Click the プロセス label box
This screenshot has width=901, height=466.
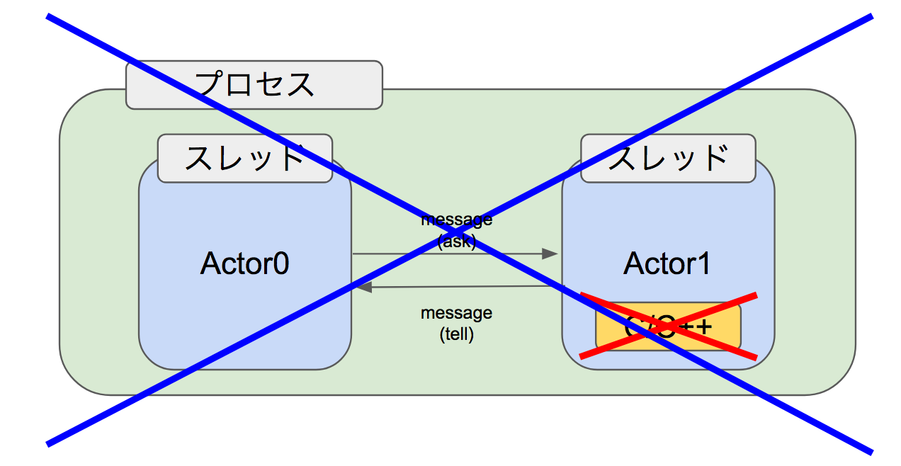click(254, 85)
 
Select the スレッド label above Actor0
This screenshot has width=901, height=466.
click(244, 158)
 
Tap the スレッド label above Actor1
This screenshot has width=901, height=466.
click(668, 158)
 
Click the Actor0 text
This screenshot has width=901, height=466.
click(244, 263)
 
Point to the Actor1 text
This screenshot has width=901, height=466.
click(667, 263)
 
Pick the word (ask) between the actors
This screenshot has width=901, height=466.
click(457, 241)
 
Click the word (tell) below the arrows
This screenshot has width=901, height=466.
click(457, 334)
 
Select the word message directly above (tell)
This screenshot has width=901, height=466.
click(457, 313)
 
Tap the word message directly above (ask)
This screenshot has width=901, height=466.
click(457, 220)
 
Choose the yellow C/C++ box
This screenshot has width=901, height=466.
click(668, 327)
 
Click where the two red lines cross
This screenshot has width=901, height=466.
click(667, 326)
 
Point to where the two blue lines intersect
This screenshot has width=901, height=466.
click(458, 232)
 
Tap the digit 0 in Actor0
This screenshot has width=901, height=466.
click(280, 263)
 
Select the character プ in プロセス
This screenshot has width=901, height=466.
click(210, 85)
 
